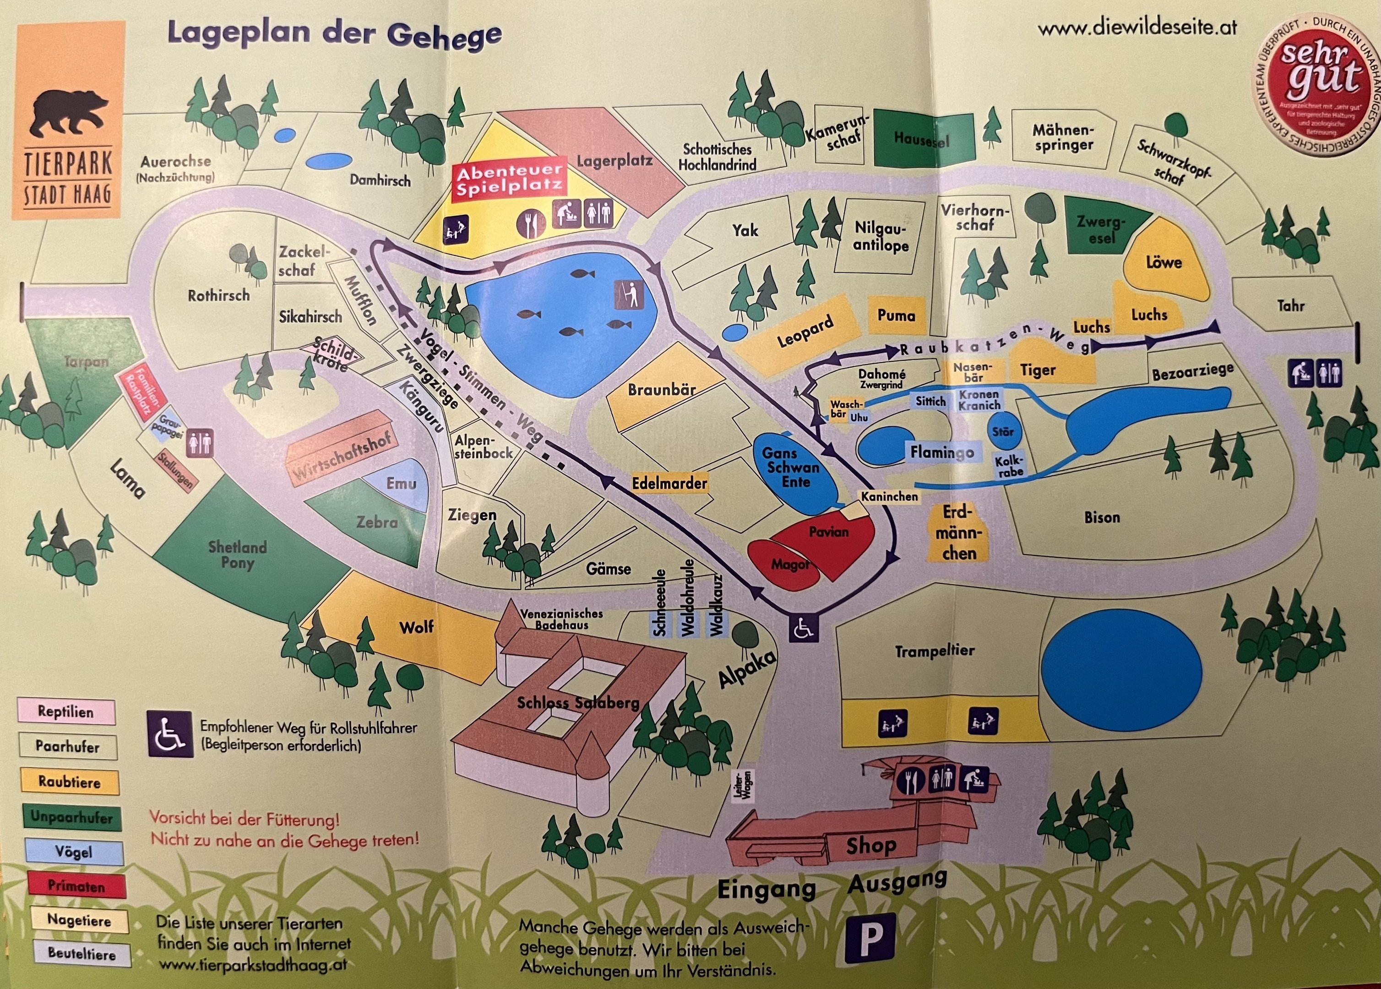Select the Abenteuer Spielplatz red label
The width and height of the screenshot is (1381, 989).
pyautogui.click(x=508, y=180)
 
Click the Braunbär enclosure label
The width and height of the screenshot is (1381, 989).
pyautogui.click(x=661, y=390)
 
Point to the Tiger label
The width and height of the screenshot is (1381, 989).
pyautogui.click(x=1038, y=370)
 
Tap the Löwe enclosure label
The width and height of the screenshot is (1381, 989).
pyautogui.click(x=1163, y=262)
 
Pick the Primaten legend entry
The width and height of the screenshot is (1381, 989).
pyautogui.click(x=76, y=886)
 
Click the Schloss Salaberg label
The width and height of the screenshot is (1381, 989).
pyautogui.click(x=578, y=703)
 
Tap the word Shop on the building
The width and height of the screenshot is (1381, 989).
pyautogui.click(x=871, y=845)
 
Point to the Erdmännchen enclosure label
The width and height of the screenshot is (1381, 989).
pyautogui.click(x=958, y=533)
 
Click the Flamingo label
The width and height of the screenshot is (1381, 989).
pyautogui.click(x=942, y=452)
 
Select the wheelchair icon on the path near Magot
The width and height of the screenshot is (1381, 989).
pyautogui.click(x=804, y=628)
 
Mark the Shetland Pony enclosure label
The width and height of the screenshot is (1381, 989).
pyautogui.click(x=238, y=554)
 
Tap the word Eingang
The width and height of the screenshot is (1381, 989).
pyautogui.click(x=766, y=890)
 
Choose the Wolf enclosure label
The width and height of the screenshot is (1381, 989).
pyautogui.click(x=417, y=627)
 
